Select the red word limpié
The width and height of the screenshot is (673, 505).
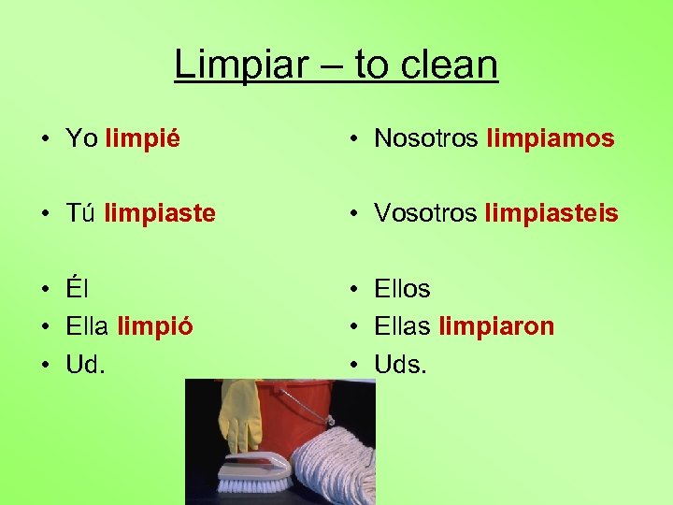tap(143, 139)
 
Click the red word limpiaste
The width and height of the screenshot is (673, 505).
tap(160, 213)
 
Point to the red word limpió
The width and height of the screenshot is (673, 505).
tap(155, 326)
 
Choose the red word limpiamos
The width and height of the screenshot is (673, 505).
tap(551, 139)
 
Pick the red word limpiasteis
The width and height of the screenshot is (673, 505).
tap(551, 213)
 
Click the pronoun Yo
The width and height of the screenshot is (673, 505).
tap(81, 139)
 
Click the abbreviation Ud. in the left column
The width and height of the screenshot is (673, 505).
tap(85, 364)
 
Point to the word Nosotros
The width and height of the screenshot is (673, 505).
tap(426, 139)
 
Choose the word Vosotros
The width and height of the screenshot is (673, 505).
tap(425, 213)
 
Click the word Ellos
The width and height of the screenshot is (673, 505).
tap(402, 289)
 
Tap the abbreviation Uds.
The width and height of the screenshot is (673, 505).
tap(400, 364)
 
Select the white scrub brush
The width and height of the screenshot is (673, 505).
tap(253, 472)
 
